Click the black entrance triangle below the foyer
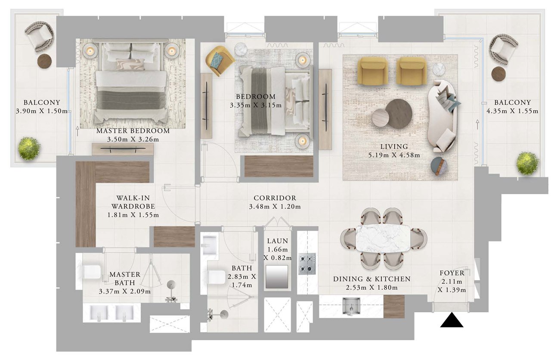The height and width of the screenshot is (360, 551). click(x=452, y=320)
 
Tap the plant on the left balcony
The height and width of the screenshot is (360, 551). click(x=29, y=149)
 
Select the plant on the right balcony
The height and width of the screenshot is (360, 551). click(x=527, y=164)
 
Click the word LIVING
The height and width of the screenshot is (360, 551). click(x=394, y=147)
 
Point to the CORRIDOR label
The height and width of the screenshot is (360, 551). click(x=275, y=198)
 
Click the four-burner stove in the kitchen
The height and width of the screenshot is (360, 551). click(x=307, y=264)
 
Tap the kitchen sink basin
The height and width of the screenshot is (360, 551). click(x=352, y=306)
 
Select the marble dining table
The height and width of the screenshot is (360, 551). click(x=383, y=238)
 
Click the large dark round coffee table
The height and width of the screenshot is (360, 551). click(x=399, y=114)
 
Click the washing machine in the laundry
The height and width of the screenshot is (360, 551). click(x=277, y=276)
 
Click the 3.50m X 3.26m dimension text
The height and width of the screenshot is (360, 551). click(x=133, y=140)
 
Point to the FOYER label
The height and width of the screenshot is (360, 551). click(x=452, y=273)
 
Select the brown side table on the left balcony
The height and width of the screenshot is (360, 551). click(x=44, y=61)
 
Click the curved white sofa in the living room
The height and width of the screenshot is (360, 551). click(x=442, y=116)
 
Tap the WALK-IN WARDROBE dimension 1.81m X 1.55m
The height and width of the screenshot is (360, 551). click(x=133, y=215)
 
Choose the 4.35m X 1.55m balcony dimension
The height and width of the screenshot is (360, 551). click(x=512, y=111)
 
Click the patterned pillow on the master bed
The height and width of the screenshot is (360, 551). click(x=130, y=65)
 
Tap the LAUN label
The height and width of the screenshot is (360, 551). click(x=278, y=241)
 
